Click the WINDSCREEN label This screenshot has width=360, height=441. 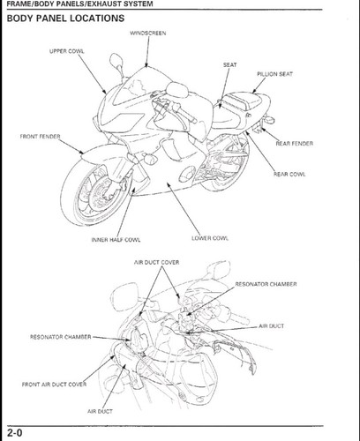coord(148,34)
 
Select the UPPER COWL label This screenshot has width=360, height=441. coord(67,51)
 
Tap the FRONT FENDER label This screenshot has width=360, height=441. coord(40,137)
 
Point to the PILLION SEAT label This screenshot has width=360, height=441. coord(275,74)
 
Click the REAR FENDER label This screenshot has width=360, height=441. coord(295,144)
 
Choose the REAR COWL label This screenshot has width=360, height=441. coord(289,174)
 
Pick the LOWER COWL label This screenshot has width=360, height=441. coord(210,238)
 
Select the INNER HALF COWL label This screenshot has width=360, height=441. coord(116,240)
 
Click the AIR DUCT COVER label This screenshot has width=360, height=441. coord(156,262)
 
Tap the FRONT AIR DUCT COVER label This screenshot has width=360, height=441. coord(54,385)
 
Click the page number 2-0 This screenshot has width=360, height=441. coord(15,433)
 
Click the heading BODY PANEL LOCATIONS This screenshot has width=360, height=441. coord(65,19)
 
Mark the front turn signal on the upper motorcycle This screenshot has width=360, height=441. coord(150,158)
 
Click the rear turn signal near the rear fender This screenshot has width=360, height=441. coord(269,120)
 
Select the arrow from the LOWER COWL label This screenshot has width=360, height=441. coord(184,208)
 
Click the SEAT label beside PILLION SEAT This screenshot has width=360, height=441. coord(229,65)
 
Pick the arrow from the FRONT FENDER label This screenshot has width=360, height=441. coord(71,146)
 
